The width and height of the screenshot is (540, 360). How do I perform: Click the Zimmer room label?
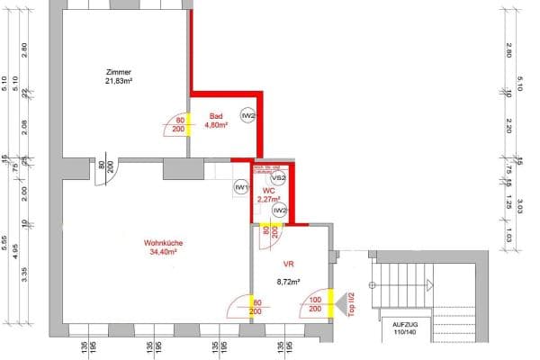118,71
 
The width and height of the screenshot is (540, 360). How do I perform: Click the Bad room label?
216,116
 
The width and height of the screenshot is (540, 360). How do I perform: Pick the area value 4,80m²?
217,126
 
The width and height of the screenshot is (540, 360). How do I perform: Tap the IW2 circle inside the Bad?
248,116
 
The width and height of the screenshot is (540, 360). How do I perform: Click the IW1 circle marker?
240,187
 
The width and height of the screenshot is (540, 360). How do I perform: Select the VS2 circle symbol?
279,178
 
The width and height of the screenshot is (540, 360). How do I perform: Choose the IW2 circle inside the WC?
280,211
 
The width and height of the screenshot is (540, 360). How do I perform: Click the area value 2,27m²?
268,201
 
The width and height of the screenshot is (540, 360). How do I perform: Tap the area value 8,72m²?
289,281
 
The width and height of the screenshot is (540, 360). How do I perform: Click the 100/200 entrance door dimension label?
315,304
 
